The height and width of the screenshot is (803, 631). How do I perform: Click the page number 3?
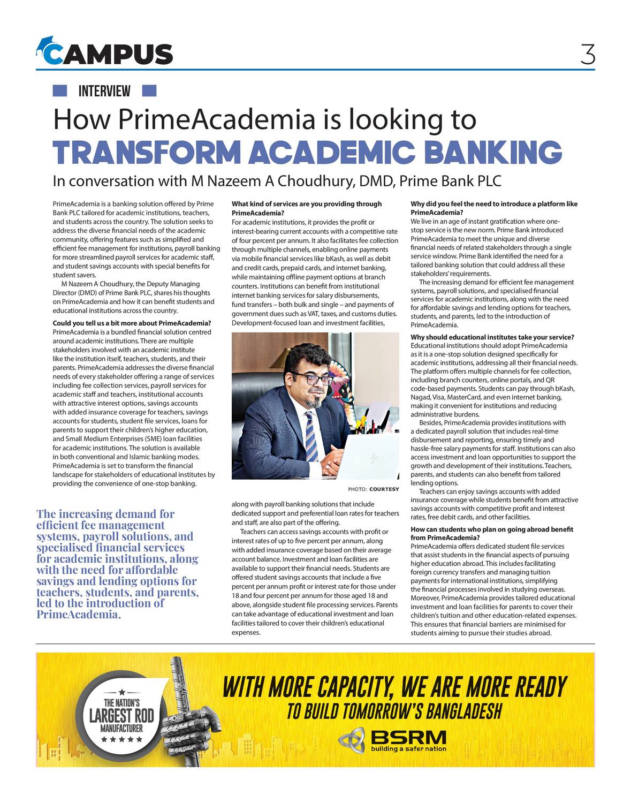587,54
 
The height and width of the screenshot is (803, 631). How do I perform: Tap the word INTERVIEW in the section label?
104,91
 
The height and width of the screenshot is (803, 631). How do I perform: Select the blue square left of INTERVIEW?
60,91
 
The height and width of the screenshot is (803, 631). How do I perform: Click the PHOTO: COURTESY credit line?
373,489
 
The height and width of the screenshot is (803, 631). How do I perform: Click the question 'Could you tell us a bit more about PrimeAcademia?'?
132,323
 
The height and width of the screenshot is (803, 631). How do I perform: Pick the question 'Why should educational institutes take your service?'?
492,337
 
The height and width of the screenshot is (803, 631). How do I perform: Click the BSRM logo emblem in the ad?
352,740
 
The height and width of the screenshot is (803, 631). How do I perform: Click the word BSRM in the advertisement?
408,737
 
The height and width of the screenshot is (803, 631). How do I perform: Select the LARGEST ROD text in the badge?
121,715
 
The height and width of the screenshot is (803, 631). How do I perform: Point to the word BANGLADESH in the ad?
463,711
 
